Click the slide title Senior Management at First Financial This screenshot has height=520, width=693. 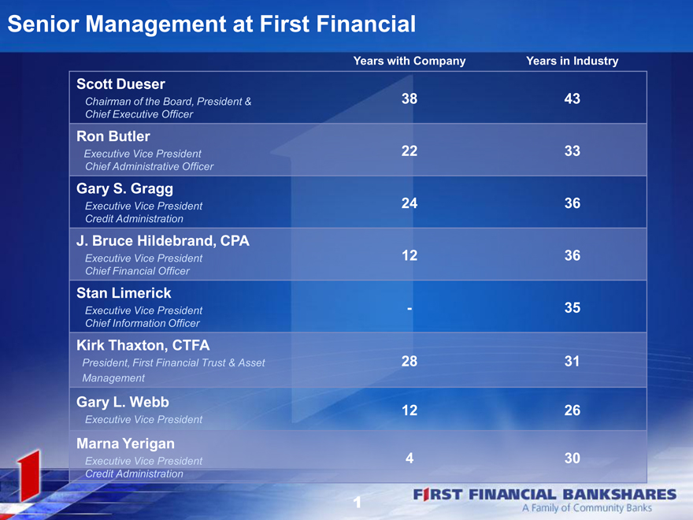tap(212, 24)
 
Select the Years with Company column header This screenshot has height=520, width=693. tap(409, 61)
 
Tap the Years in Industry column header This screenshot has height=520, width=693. tap(572, 61)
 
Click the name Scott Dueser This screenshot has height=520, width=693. tap(120, 84)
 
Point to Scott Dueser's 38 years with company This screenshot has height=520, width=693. tap(409, 98)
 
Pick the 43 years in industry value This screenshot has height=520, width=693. tap(572, 98)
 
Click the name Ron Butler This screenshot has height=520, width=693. tap(113, 136)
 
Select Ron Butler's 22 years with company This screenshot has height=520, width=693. tap(409, 150)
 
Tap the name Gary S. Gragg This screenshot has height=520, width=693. tap(124, 189)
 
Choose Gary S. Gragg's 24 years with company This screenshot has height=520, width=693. tap(409, 203)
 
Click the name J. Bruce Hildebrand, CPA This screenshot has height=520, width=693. tap(163, 241)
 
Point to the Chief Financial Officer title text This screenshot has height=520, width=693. tap(137, 271)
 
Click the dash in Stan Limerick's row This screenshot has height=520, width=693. tap(409, 308)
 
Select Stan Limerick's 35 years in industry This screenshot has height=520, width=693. tap(572, 308)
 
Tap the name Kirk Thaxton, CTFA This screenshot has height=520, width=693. tap(143, 345)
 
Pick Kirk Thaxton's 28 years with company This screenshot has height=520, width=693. tap(409, 362)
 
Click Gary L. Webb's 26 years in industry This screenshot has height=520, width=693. tap(572, 410)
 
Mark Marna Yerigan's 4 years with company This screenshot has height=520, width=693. tap(409, 458)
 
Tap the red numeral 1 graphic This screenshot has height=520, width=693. tap(29, 475)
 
